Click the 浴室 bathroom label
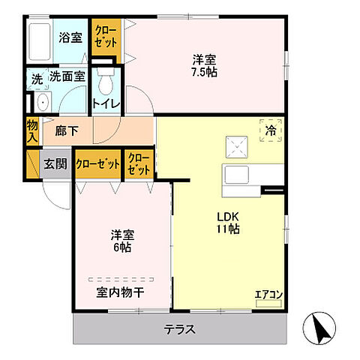click(x=71, y=37)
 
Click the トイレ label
click(x=106, y=103)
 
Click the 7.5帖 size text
click(x=204, y=73)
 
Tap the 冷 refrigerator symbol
click(x=271, y=129)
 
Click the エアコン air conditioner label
click(x=267, y=293)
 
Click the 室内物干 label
click(x=120, y=292)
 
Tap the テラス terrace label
click(x=179, y=328)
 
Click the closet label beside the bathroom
click(x=104, y=36)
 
